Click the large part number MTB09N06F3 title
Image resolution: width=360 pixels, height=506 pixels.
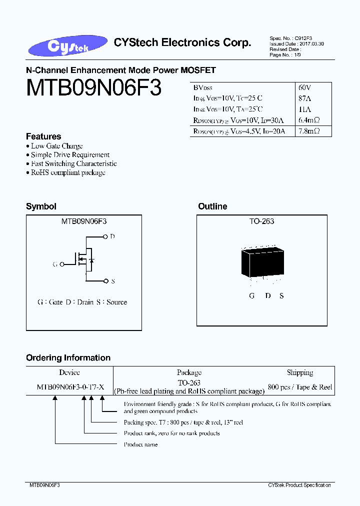(93, 88)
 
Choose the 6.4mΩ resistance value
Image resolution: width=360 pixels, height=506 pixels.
(309, 120)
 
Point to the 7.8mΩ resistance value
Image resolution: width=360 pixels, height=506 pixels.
(309, 131)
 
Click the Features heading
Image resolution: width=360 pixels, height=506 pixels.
(43, 136)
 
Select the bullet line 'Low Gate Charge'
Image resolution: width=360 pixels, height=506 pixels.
(56, 146)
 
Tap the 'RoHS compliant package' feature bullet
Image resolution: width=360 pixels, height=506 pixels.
(68, 172)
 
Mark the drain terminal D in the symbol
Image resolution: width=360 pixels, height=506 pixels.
(112, 236)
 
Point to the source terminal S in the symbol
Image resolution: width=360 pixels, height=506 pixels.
(113, 281)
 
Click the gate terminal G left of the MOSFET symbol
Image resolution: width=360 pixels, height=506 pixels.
(55, 263)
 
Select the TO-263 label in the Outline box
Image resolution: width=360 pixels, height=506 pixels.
(262, 221)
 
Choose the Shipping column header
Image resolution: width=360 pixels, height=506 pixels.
(300, 372)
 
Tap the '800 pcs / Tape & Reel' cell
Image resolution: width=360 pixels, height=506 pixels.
(300, 387)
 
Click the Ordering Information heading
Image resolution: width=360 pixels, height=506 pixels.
(68, 358)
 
